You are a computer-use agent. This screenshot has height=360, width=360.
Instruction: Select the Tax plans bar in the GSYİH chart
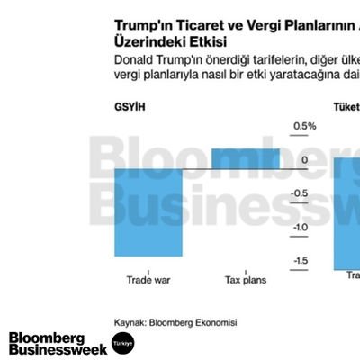coord(245,158)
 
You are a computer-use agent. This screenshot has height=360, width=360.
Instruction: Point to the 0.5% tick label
coord(304,126)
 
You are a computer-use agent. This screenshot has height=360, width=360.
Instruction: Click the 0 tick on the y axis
coord(304,160)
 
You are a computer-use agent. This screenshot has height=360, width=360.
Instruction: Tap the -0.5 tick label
coord(303,193)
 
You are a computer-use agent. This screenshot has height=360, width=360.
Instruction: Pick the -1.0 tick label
coord(303,227)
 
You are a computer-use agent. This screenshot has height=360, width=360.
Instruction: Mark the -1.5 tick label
coord(303,260)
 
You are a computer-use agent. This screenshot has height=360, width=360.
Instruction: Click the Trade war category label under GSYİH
coord(148,280)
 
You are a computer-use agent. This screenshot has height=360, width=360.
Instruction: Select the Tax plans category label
coord(245,280)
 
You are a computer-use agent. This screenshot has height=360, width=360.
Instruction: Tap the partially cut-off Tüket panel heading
coord(346,106)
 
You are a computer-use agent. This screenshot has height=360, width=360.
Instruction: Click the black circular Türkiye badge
coord(122,343)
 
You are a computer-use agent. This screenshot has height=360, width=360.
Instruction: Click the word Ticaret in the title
coord(197,24)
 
